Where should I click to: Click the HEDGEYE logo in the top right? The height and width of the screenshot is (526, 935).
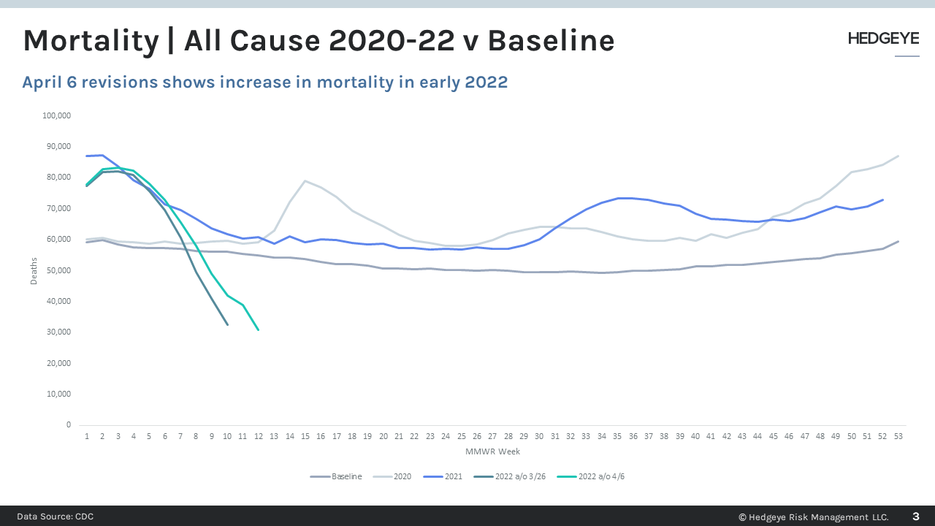883,39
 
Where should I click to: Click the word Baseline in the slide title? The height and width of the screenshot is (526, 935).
551,41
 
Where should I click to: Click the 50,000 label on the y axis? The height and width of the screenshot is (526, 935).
58,270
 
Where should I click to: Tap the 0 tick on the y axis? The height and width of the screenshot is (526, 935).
68,424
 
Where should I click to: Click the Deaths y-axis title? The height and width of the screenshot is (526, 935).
34,270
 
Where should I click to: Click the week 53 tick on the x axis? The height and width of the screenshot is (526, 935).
898,436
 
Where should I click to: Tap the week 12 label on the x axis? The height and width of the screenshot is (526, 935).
258,436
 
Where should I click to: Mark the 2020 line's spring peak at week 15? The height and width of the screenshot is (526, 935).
305,180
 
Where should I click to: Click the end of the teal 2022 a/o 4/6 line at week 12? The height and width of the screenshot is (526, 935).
258,329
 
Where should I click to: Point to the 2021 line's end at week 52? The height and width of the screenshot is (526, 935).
882,199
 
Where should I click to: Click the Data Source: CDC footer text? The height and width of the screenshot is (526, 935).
56,517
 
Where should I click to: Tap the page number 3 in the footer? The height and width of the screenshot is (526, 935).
915,517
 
